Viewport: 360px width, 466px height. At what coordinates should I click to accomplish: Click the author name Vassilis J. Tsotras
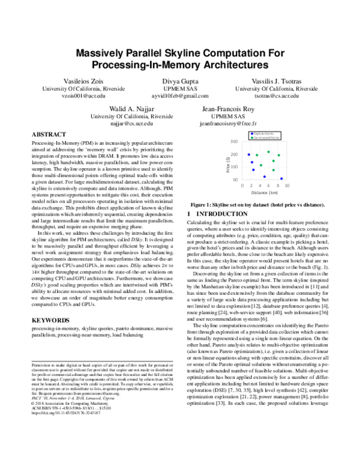(276, 80)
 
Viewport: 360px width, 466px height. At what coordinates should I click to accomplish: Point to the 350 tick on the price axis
(233, 142)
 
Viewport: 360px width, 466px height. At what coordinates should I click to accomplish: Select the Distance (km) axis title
(264, 193)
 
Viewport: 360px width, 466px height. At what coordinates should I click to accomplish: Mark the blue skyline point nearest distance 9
(281, 178)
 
